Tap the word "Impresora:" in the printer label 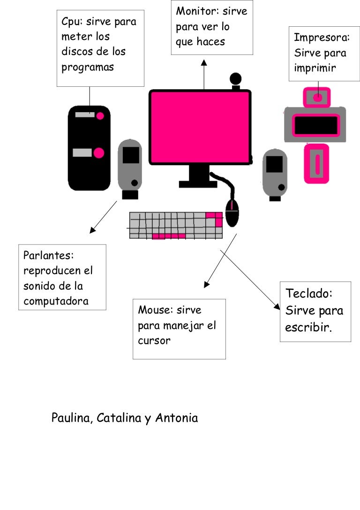pyautogui.click(x=322, y=38)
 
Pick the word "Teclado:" pyautogui.click(x=309, y=294)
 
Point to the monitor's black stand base pyautogui.click(x=198, y=183)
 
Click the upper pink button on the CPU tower pyautogui.click(x=100, y=115)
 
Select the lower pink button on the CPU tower pyautogui.click(x=99, y=153)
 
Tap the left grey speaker pyautogui.click(x=130, y=166)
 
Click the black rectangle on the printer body pyautogui.click(x=315, y=125)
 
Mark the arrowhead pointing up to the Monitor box pyautogui.click(x=204, y=63)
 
